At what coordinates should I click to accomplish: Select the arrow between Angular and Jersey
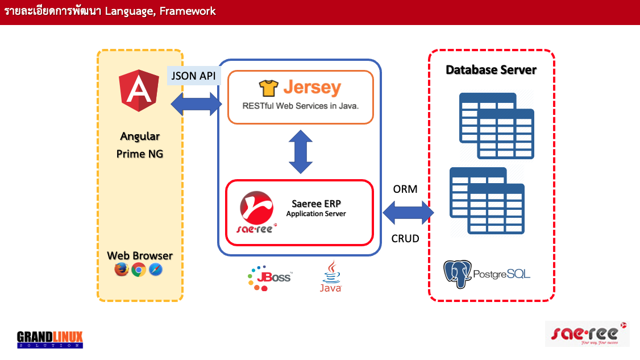click(196, 104)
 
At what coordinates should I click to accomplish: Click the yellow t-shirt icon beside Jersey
click(269, 88)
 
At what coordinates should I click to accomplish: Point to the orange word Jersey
click(311, 88)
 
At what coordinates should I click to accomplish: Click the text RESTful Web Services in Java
click(300, 106)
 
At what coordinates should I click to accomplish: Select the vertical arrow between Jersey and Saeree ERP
click(301, 152)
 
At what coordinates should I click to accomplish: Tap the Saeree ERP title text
click(316, 204)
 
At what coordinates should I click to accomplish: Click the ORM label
click(405, 189)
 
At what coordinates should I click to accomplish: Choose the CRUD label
click(405, 238)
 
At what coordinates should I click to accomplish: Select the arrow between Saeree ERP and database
click(409, 213)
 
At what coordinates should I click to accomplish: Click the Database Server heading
click(491, 70)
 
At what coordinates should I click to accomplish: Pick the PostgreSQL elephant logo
click(458, 274)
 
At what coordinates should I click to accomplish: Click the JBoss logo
click(269, 278)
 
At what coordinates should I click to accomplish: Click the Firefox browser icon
click(121, 270)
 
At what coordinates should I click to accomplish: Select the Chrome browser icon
click(138, 270)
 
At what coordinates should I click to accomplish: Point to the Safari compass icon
click(155, 270)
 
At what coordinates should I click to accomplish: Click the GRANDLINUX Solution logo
click(50, 340)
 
